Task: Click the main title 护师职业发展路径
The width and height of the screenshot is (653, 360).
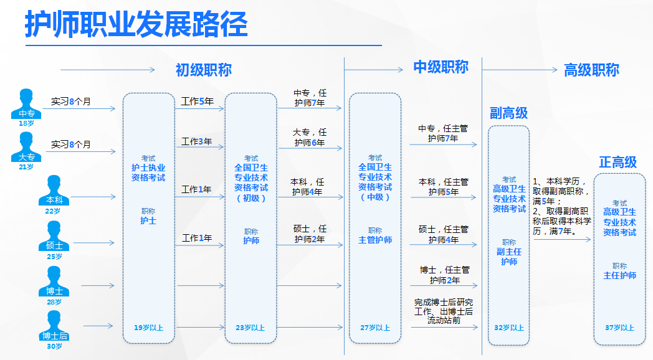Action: click(136, 25)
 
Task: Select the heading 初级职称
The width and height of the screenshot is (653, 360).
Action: click(203, 70)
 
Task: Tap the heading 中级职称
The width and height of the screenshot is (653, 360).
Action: click(441, 67)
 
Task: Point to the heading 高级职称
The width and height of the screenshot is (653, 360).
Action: click(591, 70)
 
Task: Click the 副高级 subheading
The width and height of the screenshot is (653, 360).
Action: click(508, 113)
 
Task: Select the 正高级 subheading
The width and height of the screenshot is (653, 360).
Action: click(617, 162)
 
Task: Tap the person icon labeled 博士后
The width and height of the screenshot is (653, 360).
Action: click(55, 326)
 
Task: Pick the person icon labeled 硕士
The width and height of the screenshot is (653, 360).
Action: click(55, 236)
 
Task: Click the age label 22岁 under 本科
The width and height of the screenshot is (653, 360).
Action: click(54, 211)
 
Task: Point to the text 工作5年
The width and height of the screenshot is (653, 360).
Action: click(197, 101)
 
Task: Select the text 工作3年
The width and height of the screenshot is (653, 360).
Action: click(197, 141)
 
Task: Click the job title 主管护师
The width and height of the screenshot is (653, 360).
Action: click(375, 240)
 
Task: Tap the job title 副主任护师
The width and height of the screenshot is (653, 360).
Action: click(509, 257)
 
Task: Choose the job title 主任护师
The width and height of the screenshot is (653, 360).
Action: click(619, 275)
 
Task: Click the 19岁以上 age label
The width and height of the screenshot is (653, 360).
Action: click(148, 327)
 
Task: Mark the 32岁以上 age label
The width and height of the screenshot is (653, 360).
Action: click(508, 328)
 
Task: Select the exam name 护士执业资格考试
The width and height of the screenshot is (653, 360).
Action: click(148, 173)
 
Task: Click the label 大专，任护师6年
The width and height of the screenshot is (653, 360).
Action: click(310, 138)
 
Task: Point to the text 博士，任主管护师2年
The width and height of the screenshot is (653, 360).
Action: click(444, 275)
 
